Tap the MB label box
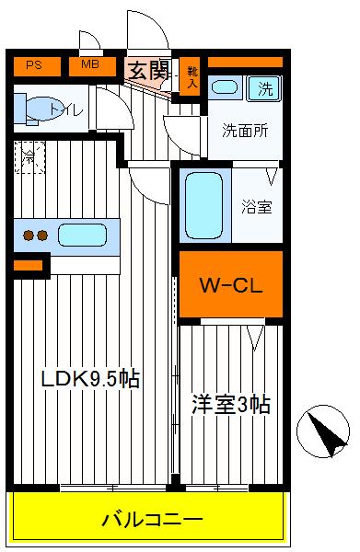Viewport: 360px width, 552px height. [91, 65]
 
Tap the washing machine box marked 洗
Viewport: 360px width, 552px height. [265, 89]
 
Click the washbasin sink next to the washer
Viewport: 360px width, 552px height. [223, 89]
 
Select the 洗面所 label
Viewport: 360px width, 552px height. [245, 130]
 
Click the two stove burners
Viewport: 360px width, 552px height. [35, 236]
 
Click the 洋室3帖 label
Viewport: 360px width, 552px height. [230, 404]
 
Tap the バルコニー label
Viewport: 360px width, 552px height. [151, 521]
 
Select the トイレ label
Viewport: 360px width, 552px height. [67, 110]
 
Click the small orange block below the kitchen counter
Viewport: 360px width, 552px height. [28, 266]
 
